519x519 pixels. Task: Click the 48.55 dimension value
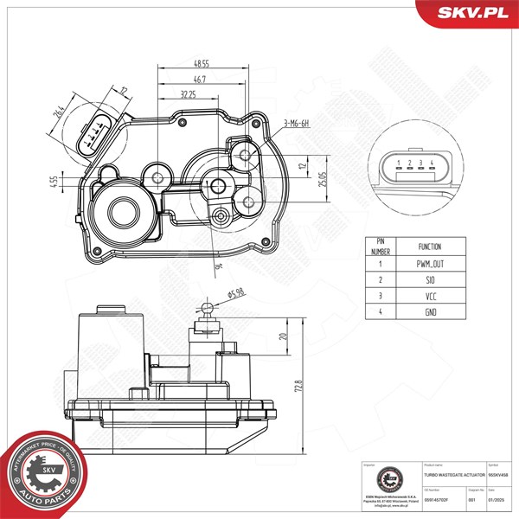[x=201, y=64]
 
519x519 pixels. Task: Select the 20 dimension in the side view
[x=283, y=336]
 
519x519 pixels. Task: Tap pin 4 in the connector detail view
[x=430, y=163]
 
